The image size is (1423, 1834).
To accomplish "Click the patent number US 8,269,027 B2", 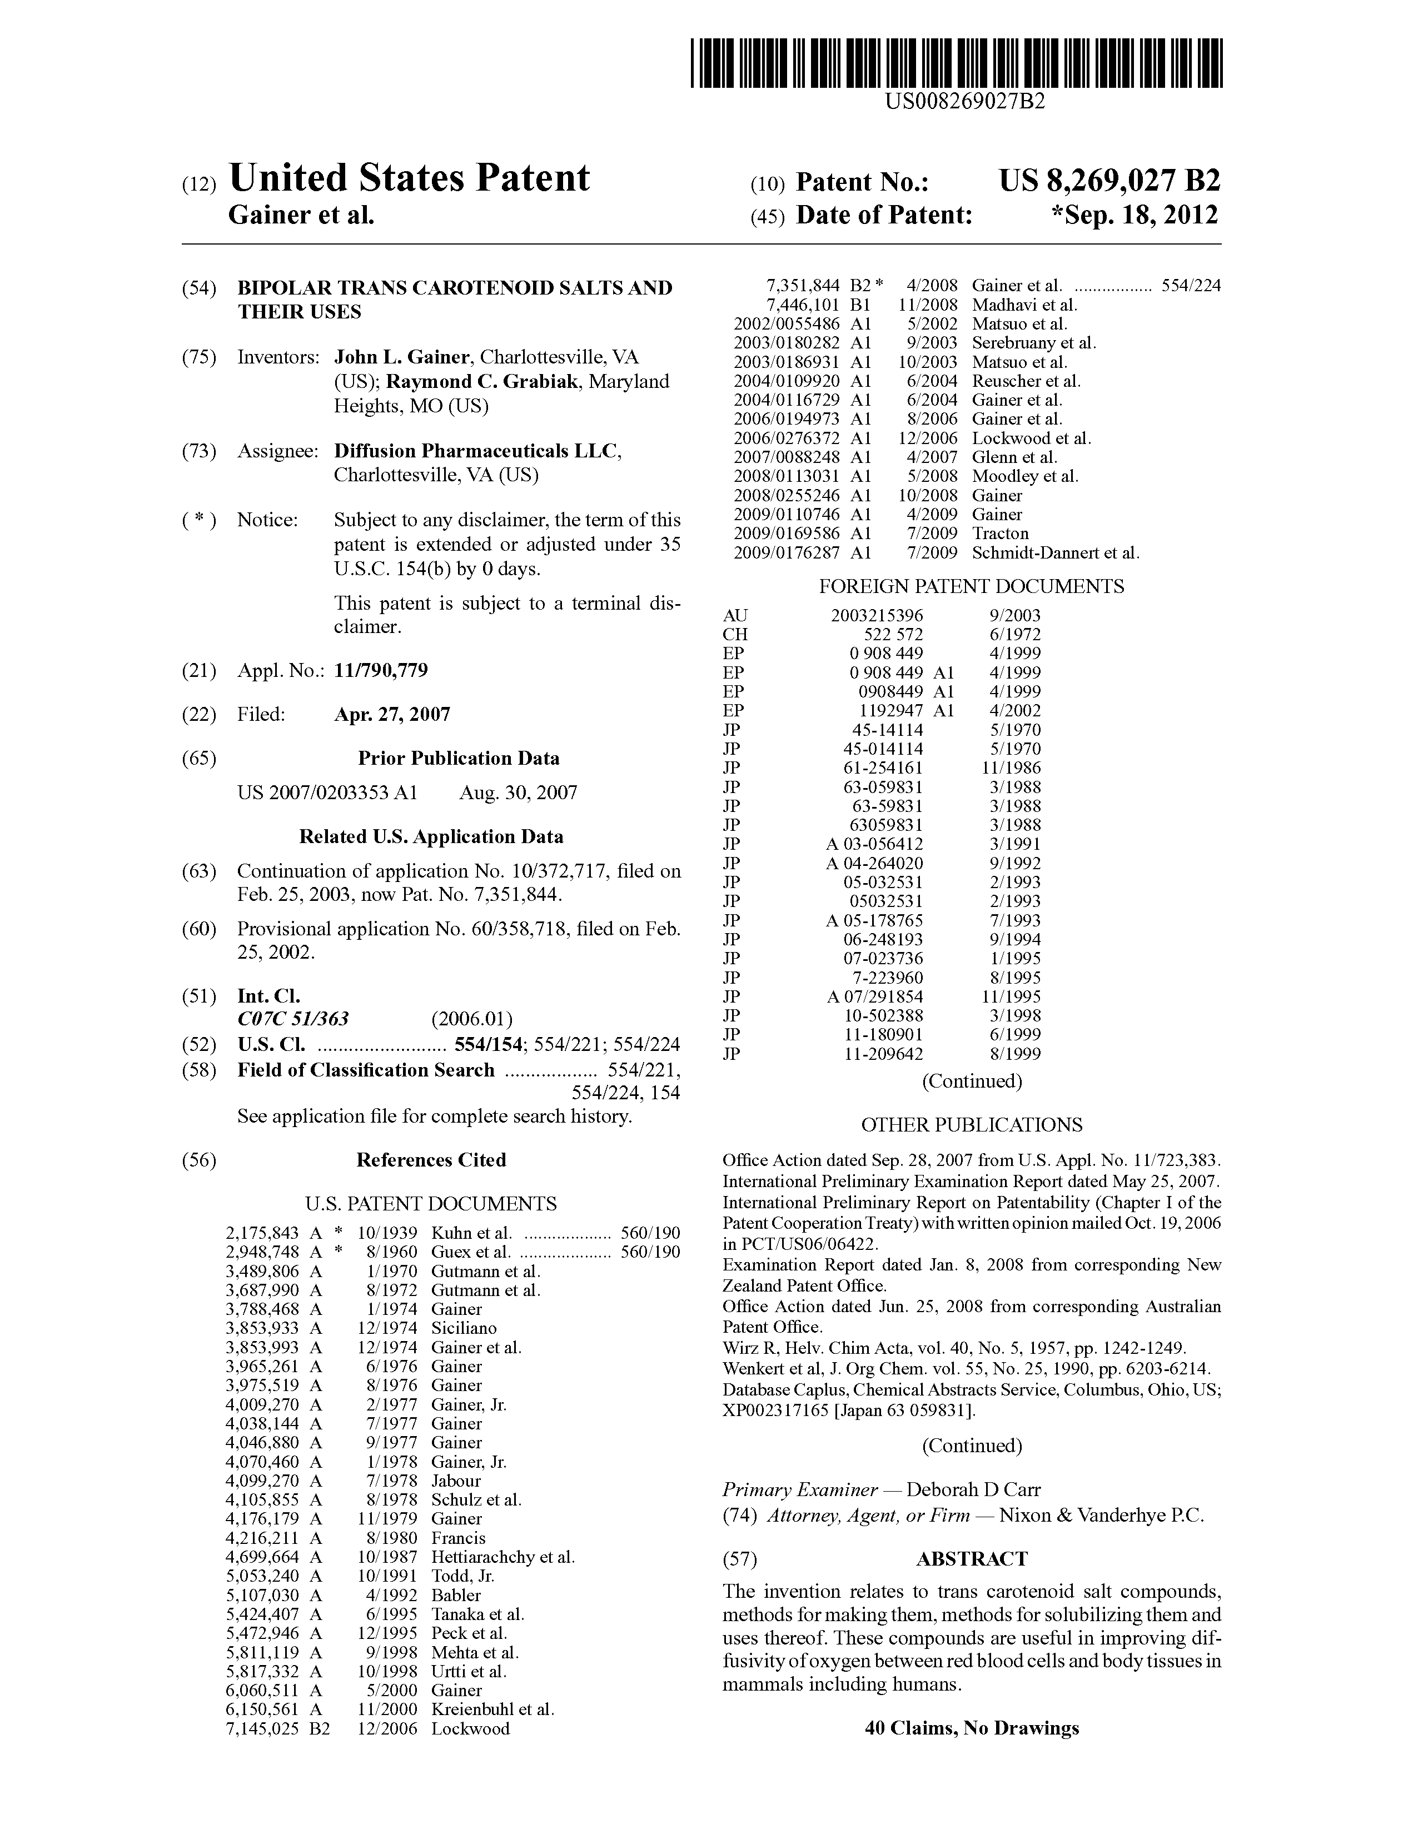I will pyautogui.click(x=1109, y=181).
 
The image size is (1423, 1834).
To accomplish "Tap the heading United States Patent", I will pyautogui.click(x=409, y=178).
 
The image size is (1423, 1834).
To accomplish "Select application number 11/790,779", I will pyautogui.click(x=381, y=670).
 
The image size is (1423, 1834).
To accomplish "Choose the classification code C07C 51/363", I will pyautogui.click(x=293, y=1019).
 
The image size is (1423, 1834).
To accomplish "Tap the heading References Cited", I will pyautogui.click(x=431, y=1160).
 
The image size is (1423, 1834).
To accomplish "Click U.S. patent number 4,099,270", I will pyautogui.click(x=262, y=1481).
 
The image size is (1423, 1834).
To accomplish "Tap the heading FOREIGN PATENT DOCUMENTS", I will pyautogui.click(x=971, y=586).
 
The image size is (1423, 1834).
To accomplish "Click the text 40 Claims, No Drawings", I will pyautogui.click(x=971, y=1728).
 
